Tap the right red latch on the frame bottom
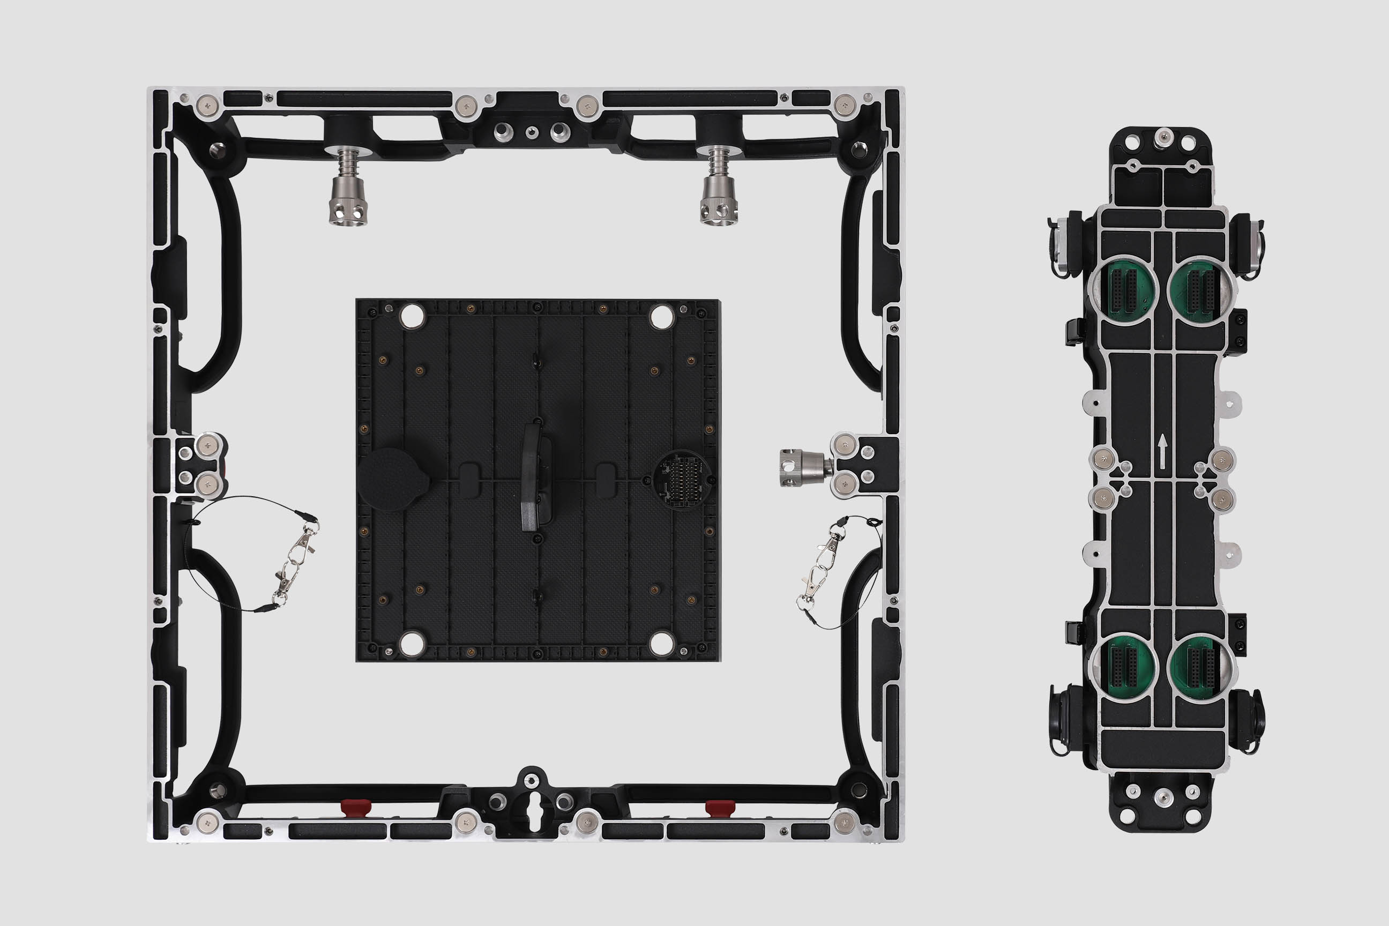coord(720,806)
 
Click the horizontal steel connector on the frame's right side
coord(804,468)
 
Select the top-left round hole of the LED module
coord(412,317)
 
